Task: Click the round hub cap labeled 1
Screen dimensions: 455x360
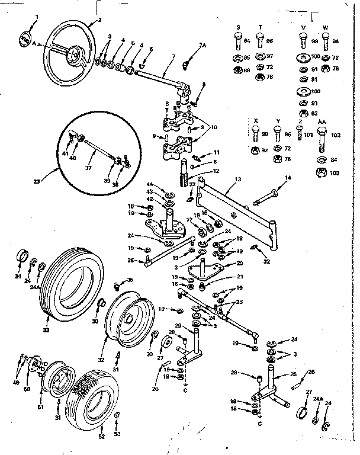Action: coord(23,39)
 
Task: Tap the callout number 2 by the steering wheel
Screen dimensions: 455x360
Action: coord(99,20)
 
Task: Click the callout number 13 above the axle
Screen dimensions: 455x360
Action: coord(237,178)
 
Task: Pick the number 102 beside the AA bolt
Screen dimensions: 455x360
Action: coord(336,135)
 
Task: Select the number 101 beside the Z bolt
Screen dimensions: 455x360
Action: coord(309,135)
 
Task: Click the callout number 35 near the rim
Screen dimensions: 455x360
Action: coord(130,280)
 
